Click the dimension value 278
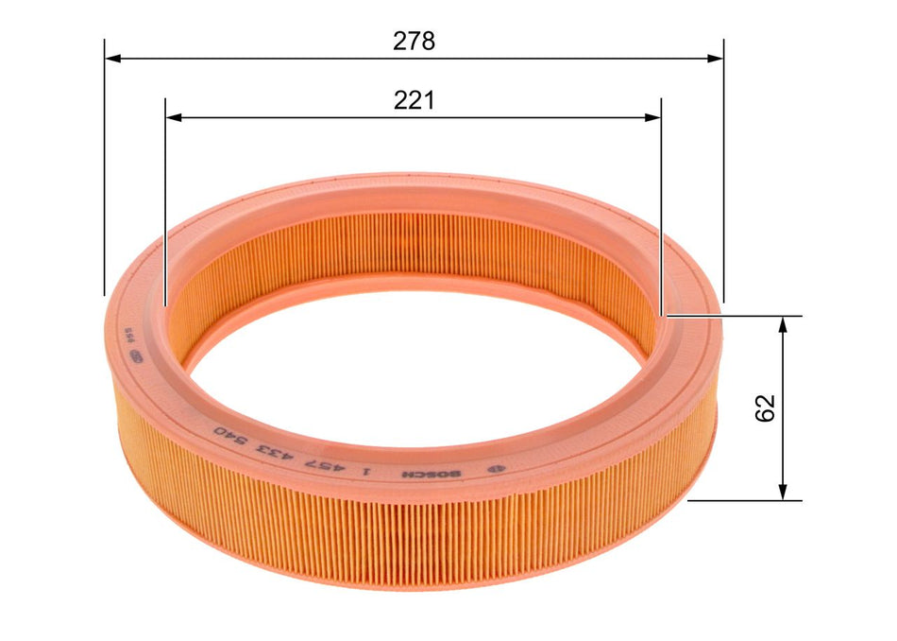(x=414, y=42)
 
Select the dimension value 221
(x=414, y=101)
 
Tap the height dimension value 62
(x=765, y=407)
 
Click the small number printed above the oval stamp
(x=122, y=336)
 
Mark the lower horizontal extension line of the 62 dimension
(x=746, y=501)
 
